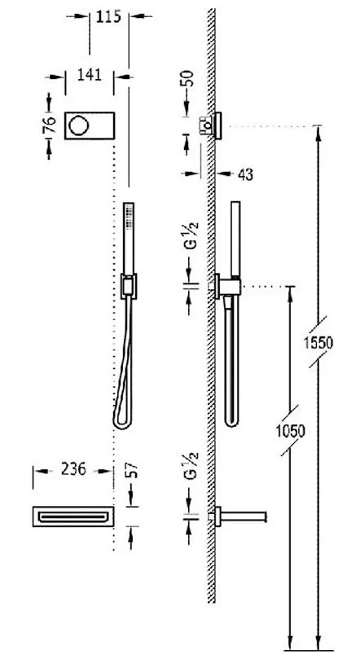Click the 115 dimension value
108,16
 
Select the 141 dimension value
89,75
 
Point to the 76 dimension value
50,125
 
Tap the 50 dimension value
188,78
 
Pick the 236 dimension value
73,469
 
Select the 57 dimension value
133,470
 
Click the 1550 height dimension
318,342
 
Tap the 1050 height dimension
290,431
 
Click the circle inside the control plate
79,125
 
